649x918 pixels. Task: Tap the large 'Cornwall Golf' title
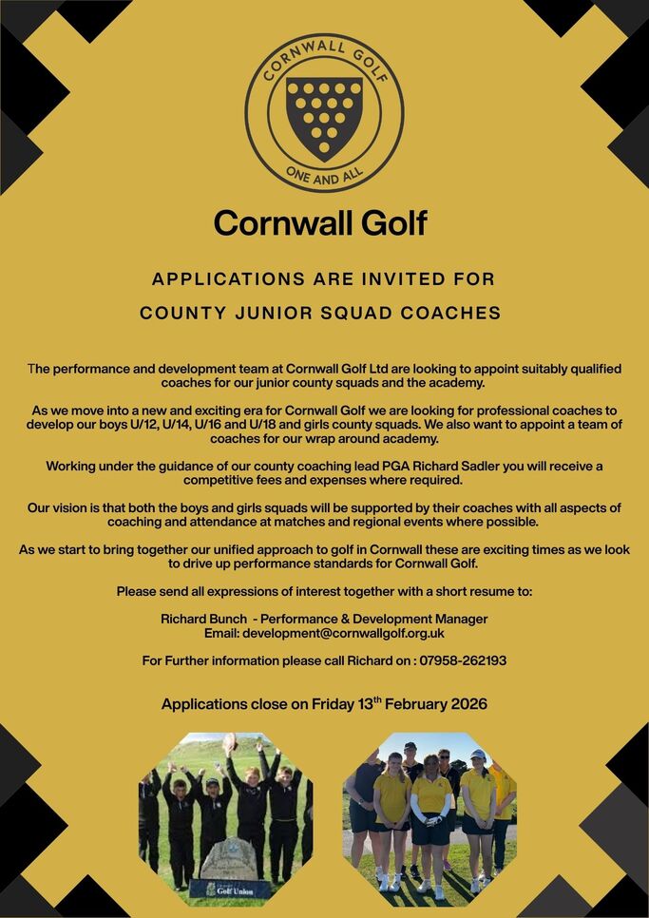coord(320,223)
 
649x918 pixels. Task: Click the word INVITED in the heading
coord(404,279)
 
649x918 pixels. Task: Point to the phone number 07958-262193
coord(461,660)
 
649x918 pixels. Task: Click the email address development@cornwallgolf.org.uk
coord(343,633)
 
